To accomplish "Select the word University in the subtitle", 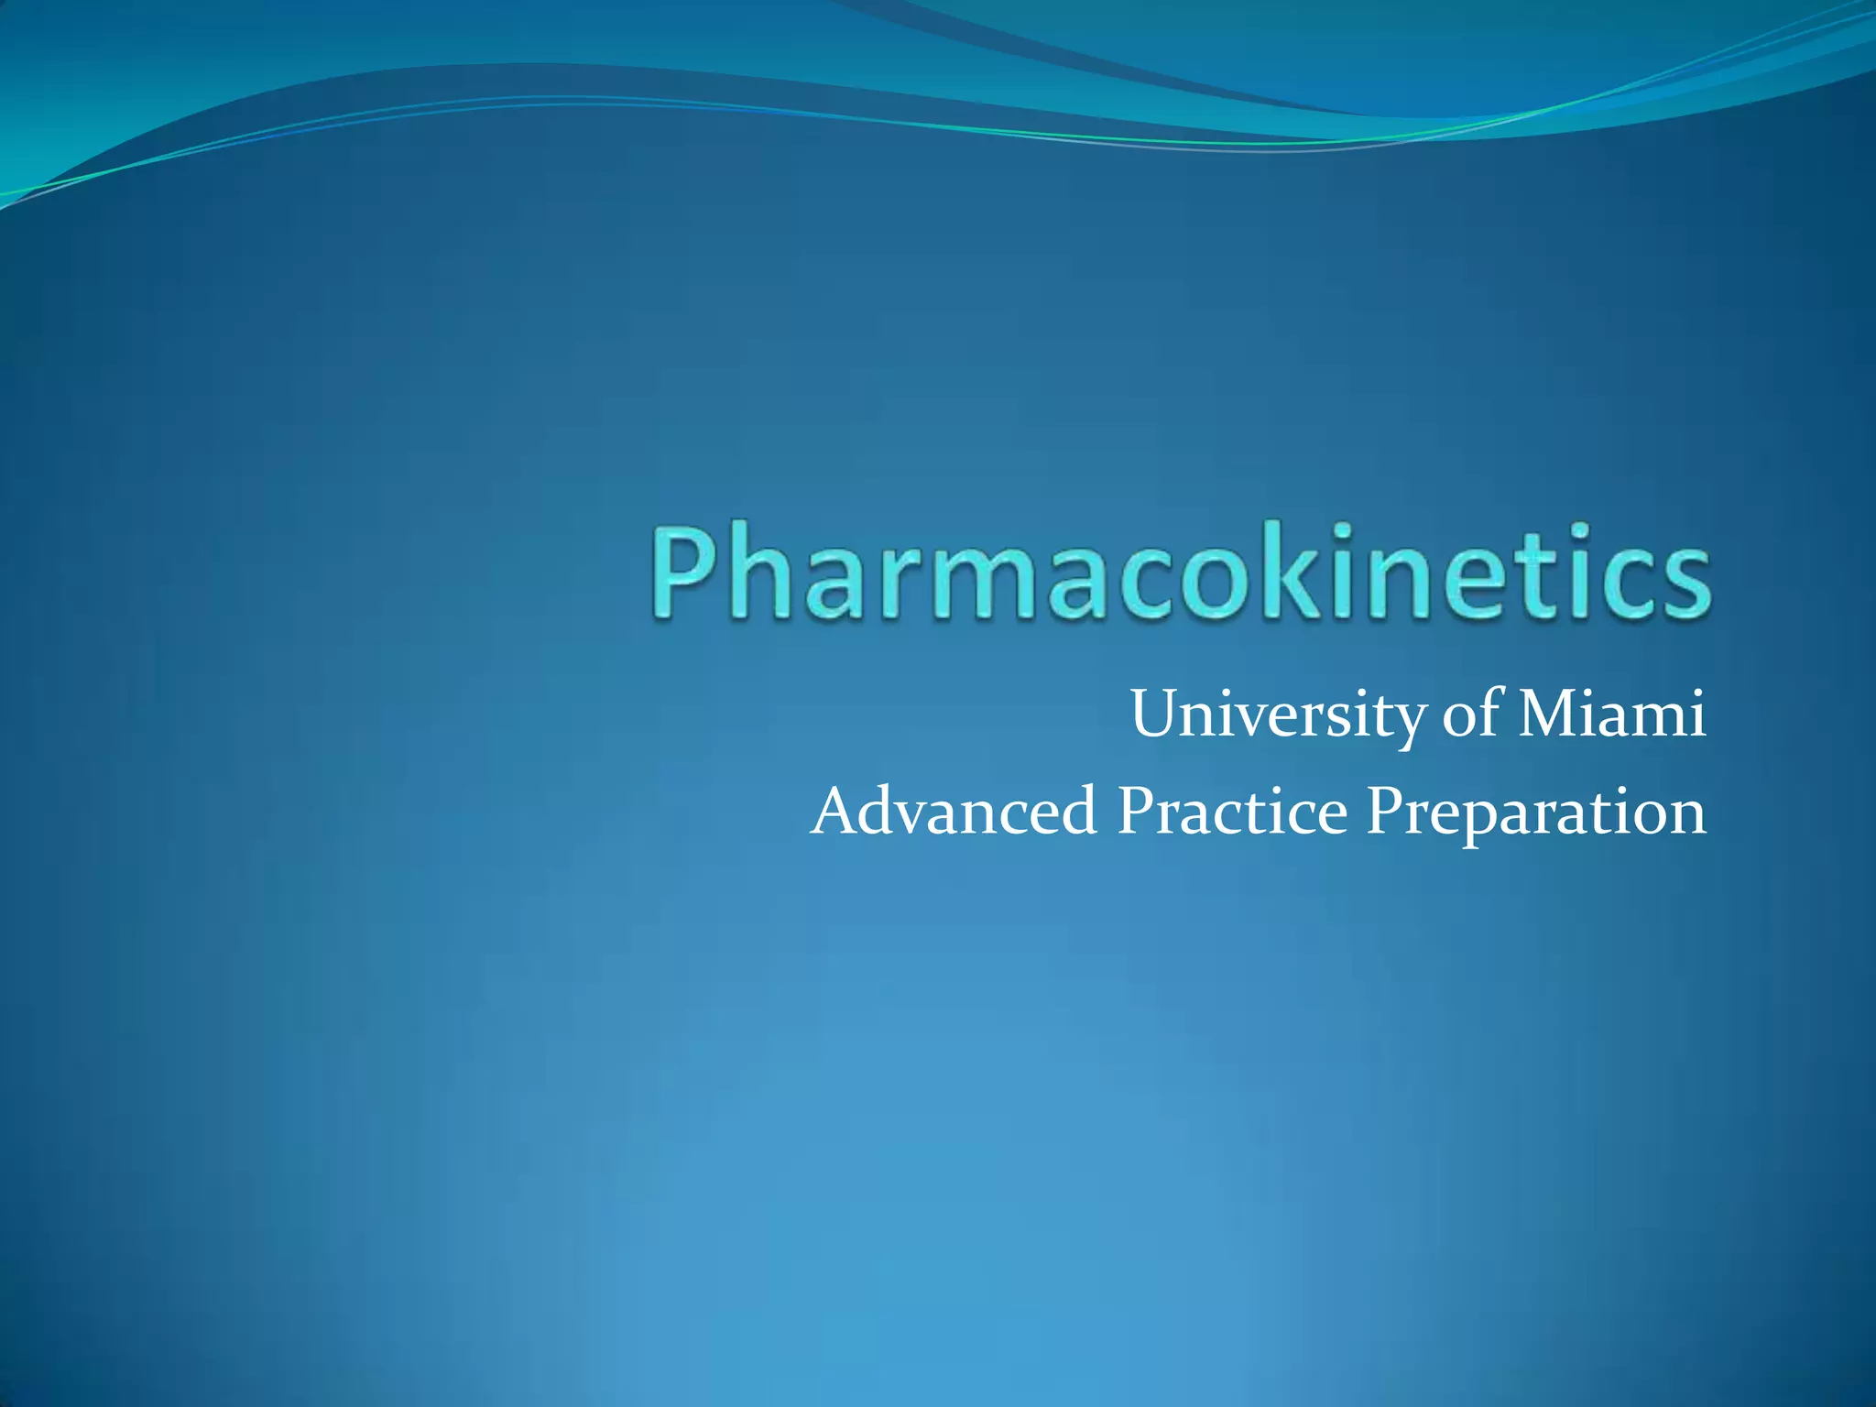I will (1277, 714).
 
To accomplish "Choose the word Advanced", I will (954, 812).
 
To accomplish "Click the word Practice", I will (1232, 812).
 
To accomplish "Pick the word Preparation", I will (1536, 813).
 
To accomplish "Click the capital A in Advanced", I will (838, 812).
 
